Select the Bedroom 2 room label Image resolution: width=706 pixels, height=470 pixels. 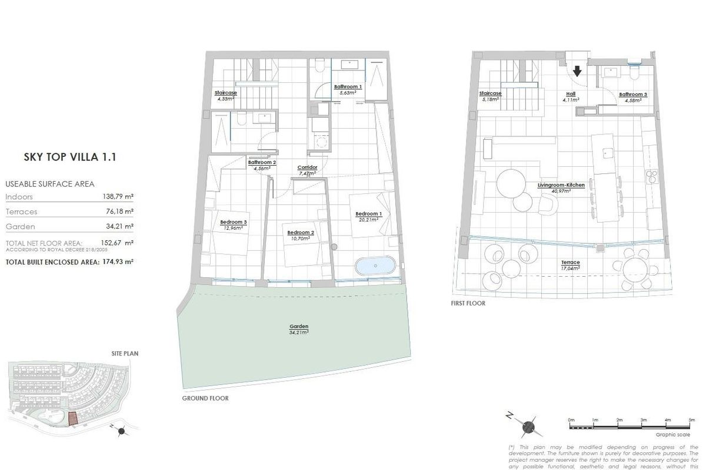click(x=301, y=233)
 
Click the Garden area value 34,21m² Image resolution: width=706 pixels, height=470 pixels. click(x=299, y=333)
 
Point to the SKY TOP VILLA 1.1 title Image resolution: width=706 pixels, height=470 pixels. click(x=69, y=157)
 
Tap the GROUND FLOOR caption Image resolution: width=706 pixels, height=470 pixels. click(x=205, y=398)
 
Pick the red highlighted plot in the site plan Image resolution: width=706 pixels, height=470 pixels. click(x=72, y=418)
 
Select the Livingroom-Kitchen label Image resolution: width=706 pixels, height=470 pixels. click(x=561, y=185)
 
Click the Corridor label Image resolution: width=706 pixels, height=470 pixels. click(x=308, y=167)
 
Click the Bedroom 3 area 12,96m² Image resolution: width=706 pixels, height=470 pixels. click(x=234, y=228)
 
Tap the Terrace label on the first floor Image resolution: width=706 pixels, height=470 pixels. click(x=570, y=262)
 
